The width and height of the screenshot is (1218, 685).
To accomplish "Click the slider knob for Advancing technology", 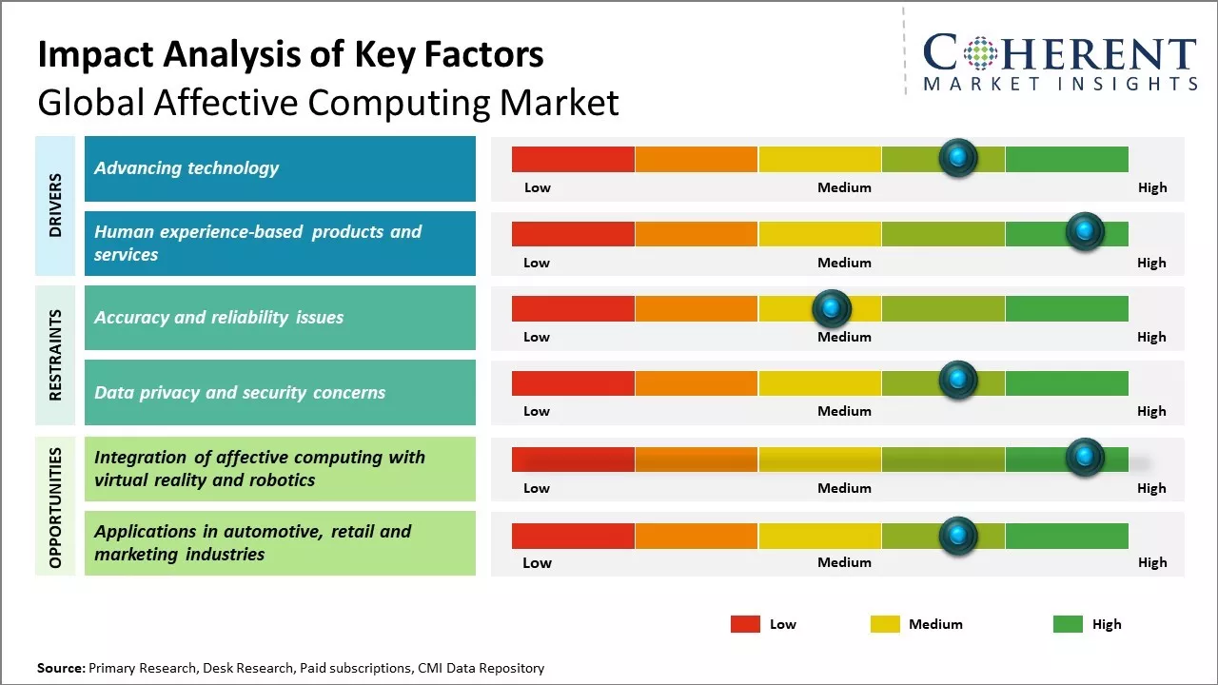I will (x=958, y=157).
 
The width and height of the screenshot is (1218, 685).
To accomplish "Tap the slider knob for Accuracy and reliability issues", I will (x=832, y=308).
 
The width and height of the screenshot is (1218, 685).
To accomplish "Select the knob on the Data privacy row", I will (x=958, y=381).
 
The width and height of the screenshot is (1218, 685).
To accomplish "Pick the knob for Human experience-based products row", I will (x=1084, y=231).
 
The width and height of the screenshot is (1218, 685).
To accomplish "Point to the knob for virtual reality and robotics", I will (x=1084, y=457).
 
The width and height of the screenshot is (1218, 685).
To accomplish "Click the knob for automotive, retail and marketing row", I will (x=958, y=536).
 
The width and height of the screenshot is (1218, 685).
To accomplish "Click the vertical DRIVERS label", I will (x=55, y=205).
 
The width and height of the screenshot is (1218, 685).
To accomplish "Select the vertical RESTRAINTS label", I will (x=55, y=355).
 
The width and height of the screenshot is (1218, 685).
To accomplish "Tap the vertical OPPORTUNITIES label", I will (x=55, y=507).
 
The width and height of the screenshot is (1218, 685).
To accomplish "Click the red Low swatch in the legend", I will (x=745, y=624).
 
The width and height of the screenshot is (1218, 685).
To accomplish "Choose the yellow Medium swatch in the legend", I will (x=885, y=624).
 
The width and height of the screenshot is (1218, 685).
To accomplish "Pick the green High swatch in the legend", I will (x=1068, y=624).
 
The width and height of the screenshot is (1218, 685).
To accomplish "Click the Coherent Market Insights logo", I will (x=1060, y=62).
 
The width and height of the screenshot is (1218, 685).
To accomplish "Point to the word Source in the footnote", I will (x=61, y=668).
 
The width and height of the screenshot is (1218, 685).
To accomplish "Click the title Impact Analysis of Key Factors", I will (x=290, y=55).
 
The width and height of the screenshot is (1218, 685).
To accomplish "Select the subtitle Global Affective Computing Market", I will (x=327, y=103).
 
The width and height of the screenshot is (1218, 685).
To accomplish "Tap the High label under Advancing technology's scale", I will (x=1152, y=187).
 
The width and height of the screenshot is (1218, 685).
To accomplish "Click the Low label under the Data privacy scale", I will (x=537, y=411).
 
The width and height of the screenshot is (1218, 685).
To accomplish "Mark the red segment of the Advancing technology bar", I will (x=573, y=159).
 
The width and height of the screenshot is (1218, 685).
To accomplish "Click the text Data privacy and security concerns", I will (x=240, y=392).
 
